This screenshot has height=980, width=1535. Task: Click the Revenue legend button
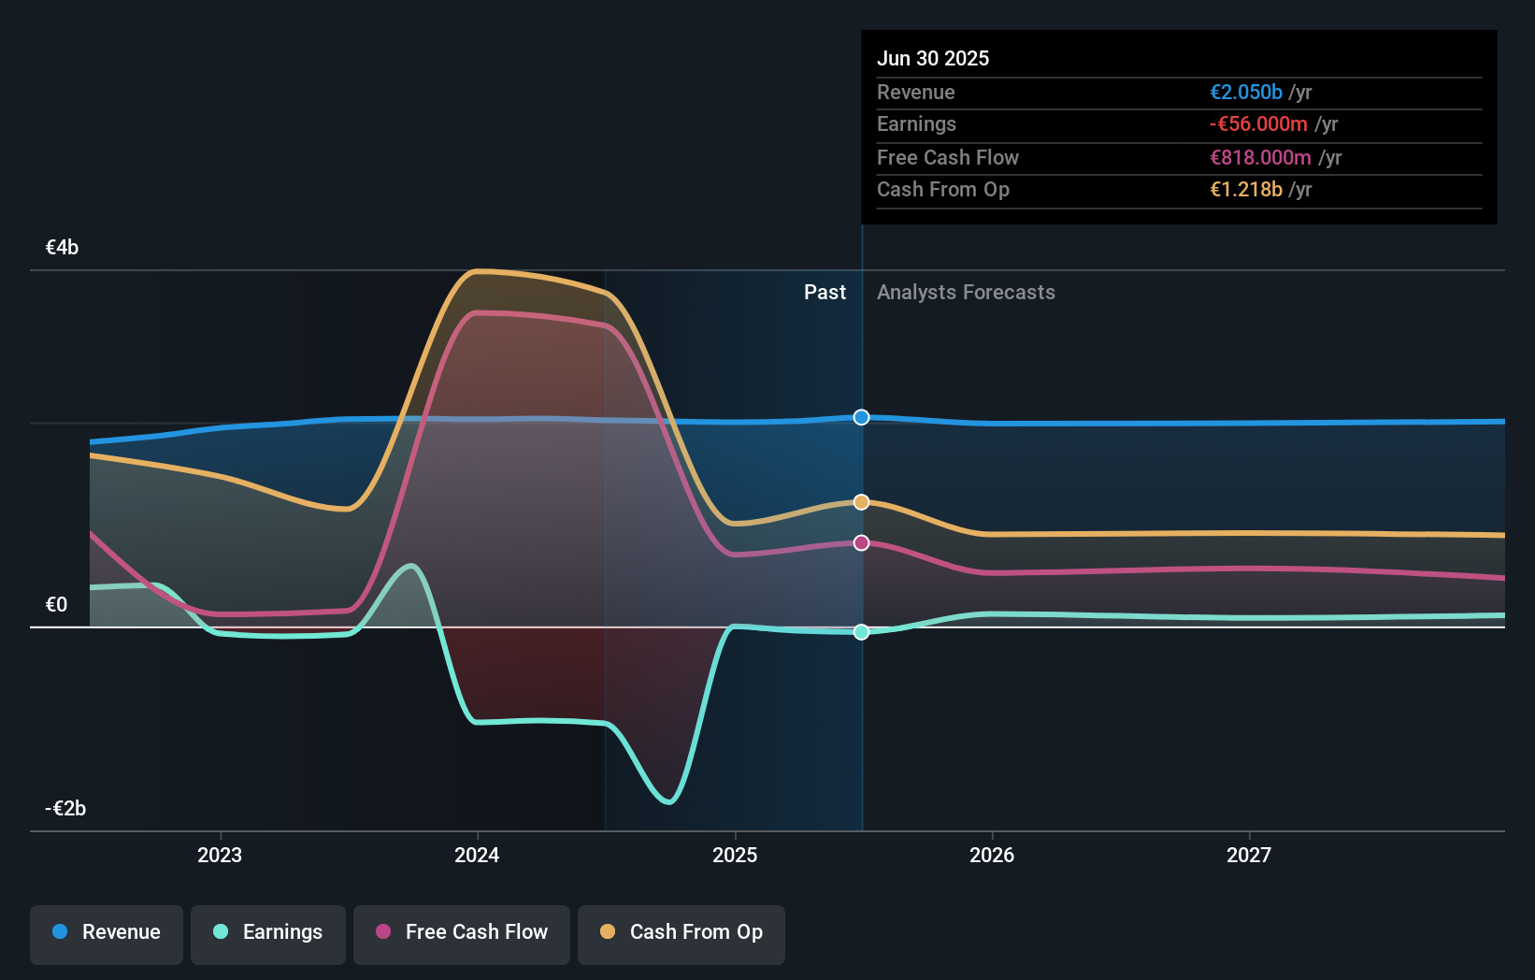point(107,932)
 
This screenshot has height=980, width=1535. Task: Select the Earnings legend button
point(268,932)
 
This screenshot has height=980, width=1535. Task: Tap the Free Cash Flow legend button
point(462,932)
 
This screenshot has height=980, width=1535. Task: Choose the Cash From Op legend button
point(681,932)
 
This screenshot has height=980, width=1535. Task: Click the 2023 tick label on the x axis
point(220,856)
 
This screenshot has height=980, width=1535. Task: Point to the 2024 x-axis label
point(477,856)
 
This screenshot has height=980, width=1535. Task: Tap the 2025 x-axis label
point(735,856)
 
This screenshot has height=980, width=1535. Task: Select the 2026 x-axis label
point(992,856)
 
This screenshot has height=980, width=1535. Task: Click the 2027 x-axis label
point(1249,856)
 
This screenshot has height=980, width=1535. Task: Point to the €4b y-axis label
point(63,248)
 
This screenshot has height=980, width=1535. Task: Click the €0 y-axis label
point(57,605)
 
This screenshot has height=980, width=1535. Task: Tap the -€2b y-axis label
point(65,809)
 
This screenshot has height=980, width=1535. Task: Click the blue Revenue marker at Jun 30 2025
point(862,417)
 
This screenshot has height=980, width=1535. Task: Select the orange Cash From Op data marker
point(862,502)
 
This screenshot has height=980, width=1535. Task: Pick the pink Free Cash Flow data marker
point(862,543)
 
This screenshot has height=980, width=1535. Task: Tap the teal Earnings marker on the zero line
point(862,632)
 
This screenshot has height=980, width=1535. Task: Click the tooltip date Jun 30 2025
point(933,59)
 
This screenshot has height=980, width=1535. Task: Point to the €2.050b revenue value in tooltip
point(1246,93)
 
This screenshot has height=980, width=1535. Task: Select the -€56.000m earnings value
point(1258,124)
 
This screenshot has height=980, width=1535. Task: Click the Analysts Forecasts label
point(966,293)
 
